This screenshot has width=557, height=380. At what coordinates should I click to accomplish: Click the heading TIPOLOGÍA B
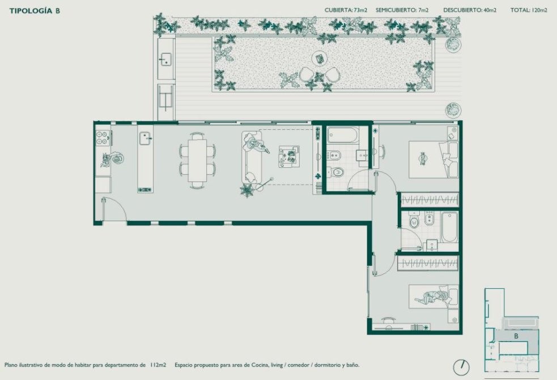point(35,11)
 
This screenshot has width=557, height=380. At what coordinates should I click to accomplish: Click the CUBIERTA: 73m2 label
point(346,10)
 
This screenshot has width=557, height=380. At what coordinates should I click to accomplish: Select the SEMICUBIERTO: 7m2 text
point(402,10)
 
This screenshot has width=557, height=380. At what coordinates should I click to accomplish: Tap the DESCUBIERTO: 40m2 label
point(470,10)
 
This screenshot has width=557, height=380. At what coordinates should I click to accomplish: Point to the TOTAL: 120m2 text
point(529,10)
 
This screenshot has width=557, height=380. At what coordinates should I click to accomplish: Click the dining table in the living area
point(197,161)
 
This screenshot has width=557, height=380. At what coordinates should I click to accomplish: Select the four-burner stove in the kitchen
point(103,138)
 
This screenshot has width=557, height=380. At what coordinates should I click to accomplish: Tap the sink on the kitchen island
point(146,138)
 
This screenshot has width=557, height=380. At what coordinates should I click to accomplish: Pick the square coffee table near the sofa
point(289,157)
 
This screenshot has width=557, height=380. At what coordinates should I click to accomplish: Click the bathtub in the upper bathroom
point(343,135)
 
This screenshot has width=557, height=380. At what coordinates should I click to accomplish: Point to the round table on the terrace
point(319,58)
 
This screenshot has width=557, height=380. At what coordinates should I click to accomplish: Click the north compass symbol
point(461,367)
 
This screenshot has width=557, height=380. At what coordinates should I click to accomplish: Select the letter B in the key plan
point(516,336)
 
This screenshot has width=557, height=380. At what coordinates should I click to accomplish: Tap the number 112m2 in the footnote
point(158,365)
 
